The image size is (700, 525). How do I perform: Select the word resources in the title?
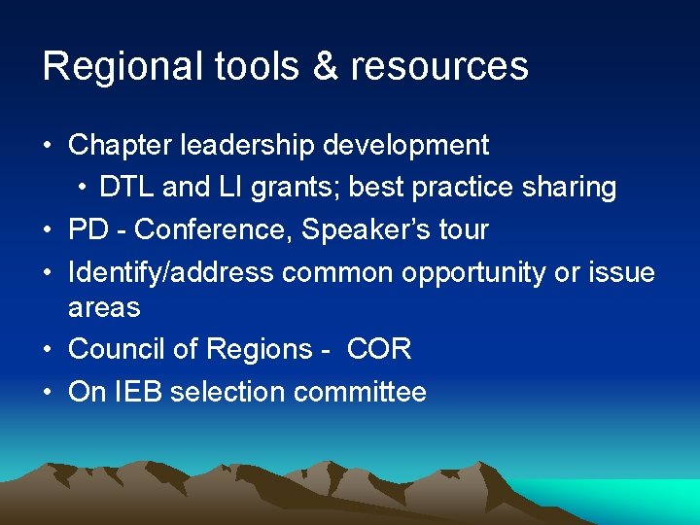click(x=439, y=66)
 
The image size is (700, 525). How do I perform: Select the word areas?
click(x=104, y=308)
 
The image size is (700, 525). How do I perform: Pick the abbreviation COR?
click(x=378, y=349)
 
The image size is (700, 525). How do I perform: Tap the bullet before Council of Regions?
click(x=49, y=349)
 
